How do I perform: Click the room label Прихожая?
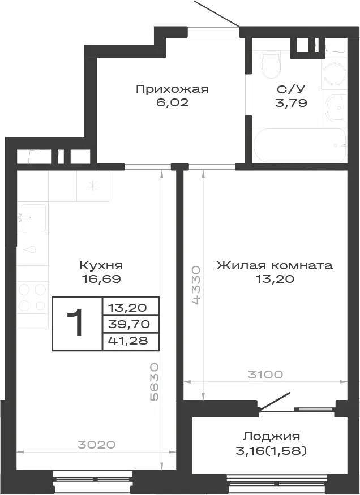pos(173,89)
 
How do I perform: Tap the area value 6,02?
pos(172,102)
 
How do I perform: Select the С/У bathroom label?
pos(291,89)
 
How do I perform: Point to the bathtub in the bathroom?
pos(299,145)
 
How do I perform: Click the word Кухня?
pos(101,265)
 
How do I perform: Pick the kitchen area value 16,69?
pos(101,279)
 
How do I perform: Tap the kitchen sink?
pos(33,217)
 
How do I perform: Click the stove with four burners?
pos(32,298)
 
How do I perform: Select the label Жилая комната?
pos(275,265)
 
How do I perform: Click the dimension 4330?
pos(196,285)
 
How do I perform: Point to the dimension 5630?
pos(155,382)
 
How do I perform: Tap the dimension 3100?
pos(265,375)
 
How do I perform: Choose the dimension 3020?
pos(97,445)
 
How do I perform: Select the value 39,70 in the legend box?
pos(128,324)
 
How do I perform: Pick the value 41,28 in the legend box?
pos(128,341)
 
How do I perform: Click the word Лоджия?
pos(271,437)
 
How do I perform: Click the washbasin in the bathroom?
pos(335,107)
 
